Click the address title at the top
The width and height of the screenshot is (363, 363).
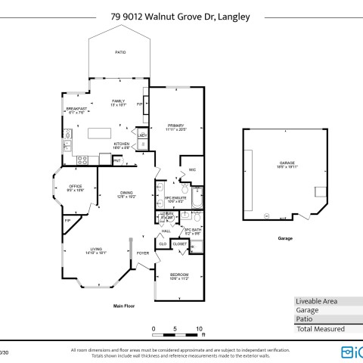pyautogui.click(x=181, y=14)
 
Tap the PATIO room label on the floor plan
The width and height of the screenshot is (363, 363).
pyautogui.click(x=120, y=52)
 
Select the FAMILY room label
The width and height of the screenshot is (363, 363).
pyautogui.click(x=118, y=102)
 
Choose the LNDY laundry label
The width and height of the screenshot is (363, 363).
pyautogui.click(x=141, y=136)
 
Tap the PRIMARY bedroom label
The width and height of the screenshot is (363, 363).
pyautogui.click(x=175, y=126)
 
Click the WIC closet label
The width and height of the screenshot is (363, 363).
pyautogui.click(x=192, y=169)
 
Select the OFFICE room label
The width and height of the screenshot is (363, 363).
pyautogui.click(x=76, y=188)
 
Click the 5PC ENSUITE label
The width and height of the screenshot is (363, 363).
pyautogui.click(x=175, y=200)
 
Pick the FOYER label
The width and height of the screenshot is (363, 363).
pyautogui.click(x=142, y=253)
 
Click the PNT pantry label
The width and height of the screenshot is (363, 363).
pyautogui.click(x=116, y=160)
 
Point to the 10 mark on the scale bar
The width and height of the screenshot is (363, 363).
pyautogui.click(x=200, y=328)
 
